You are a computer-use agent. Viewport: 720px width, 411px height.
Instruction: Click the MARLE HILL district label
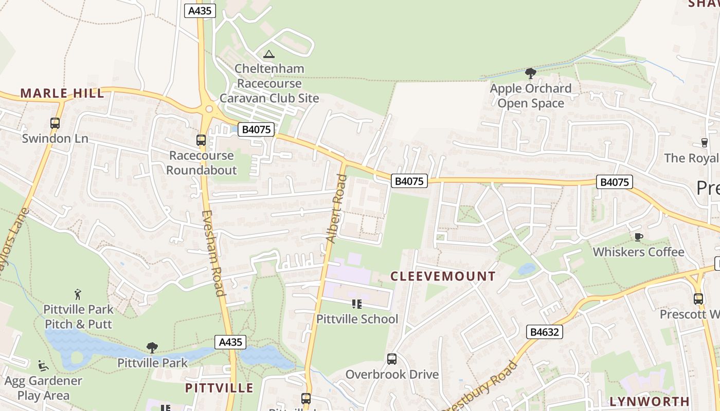point(62,94)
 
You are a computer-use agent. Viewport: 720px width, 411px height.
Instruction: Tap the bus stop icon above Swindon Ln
point(55,123)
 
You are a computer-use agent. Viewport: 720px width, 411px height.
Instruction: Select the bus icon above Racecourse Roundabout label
point(201,140)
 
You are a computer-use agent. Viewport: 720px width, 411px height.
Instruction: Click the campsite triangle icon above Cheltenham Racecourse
point(268,54)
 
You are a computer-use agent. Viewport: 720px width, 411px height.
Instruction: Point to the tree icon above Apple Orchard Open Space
point(530,73)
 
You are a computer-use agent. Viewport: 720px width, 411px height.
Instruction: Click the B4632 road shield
point(545,332)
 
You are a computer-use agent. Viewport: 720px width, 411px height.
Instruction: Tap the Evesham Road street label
point(213,254)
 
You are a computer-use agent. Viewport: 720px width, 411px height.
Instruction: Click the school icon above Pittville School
point(357,304)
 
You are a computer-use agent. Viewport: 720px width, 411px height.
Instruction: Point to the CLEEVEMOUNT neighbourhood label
point(443,276)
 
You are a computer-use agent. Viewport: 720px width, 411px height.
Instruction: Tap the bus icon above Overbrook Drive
point(392,359)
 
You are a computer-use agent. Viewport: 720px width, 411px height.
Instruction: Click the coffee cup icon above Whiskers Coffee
point(638,237)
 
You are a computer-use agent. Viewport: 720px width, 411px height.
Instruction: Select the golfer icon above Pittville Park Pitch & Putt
point(78,294)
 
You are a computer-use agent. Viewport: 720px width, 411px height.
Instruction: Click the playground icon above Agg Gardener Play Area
point(43,366)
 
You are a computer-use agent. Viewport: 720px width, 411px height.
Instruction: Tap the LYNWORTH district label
point(649,401)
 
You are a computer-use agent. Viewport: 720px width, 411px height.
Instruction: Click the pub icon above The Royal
point(705,143)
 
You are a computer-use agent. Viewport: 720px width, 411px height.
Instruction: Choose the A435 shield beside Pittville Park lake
point(230,342)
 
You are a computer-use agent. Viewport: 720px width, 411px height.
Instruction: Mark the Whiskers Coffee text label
point(638,252)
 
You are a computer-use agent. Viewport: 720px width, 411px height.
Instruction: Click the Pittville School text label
point(357,319)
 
